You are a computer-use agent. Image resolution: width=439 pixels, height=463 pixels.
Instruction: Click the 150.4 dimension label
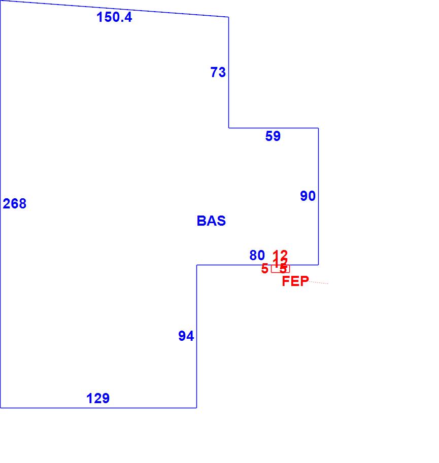114,17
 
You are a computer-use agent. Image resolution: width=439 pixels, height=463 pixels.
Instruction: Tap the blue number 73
218,73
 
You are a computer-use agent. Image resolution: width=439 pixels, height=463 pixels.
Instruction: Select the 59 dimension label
273,136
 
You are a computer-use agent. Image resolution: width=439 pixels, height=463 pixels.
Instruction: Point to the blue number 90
308,196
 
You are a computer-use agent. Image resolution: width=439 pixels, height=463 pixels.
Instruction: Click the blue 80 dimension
257,256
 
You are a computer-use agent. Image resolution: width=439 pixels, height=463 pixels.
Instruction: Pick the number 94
186,336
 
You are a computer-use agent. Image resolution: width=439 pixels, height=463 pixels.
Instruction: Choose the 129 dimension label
98,399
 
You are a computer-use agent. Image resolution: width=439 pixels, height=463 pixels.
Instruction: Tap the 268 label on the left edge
15,204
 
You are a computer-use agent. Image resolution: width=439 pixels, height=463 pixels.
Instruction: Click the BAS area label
211,221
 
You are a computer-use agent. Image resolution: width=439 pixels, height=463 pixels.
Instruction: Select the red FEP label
295,281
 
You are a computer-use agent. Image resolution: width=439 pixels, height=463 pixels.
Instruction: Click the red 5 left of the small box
264,269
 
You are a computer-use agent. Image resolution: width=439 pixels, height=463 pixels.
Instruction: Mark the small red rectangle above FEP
280,269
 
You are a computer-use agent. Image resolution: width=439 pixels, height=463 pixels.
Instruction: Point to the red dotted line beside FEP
319,282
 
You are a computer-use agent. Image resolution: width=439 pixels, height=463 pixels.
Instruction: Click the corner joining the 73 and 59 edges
228,128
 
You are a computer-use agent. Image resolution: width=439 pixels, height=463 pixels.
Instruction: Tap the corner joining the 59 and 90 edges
318,128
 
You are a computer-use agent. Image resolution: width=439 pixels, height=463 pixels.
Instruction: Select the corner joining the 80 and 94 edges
197,265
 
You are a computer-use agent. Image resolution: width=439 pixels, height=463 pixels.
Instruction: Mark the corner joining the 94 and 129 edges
196,407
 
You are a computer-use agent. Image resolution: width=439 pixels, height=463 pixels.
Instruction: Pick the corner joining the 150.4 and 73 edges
228,17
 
